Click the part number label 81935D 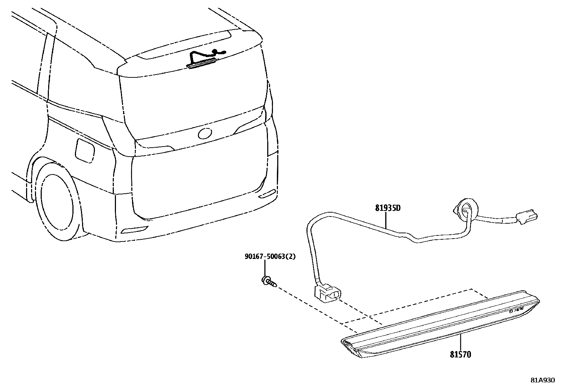(x=387, y=208)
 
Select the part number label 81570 (x=460, y=355)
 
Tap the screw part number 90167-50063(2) (x=270, y=256)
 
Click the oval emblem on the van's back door (x=205, y=133)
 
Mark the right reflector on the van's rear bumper (x=267, y=194)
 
